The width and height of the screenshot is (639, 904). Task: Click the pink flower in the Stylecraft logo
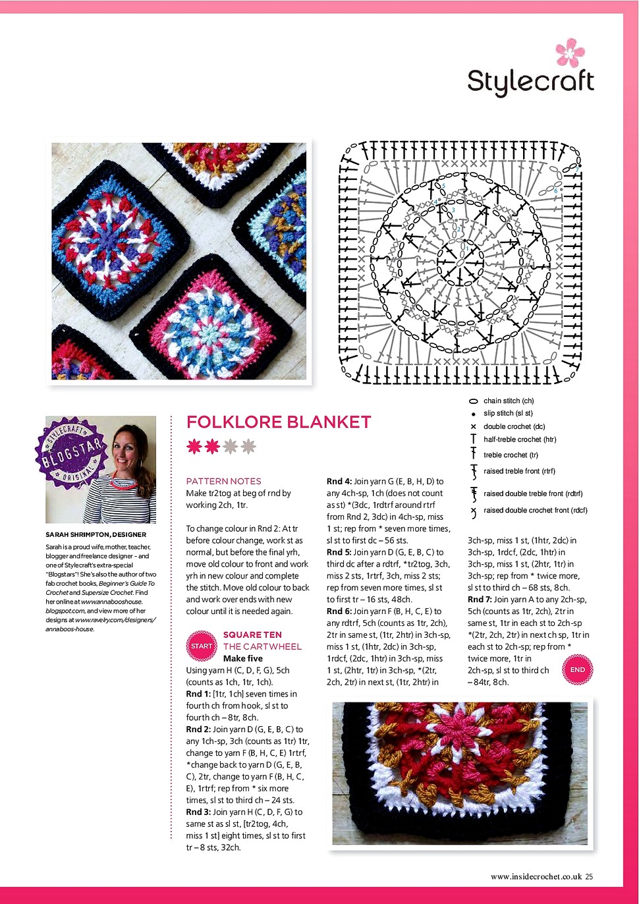[569, 52]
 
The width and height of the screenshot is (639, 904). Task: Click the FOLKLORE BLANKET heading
[279, 422]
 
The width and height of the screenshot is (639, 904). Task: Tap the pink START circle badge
[202, 646]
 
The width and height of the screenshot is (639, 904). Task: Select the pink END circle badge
[577, 669]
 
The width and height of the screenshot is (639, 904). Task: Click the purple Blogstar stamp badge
[70, 453]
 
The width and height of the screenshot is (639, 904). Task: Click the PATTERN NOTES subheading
[223, 481]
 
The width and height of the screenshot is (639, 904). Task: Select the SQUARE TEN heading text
[252, 635]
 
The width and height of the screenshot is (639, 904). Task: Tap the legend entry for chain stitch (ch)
[508, 401]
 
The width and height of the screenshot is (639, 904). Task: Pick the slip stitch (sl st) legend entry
[507, 413]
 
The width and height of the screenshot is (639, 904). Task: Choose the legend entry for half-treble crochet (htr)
[519, 439]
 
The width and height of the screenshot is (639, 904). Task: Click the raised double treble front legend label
[532, 494]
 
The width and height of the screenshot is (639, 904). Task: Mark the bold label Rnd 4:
[339, 481]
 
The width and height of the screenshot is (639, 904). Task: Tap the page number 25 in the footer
[589, 876]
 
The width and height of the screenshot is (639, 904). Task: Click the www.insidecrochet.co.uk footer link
[536, 876]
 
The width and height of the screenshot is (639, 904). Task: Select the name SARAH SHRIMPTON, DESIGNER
[96, 534]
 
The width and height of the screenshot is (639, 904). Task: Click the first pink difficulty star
[194, 447]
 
